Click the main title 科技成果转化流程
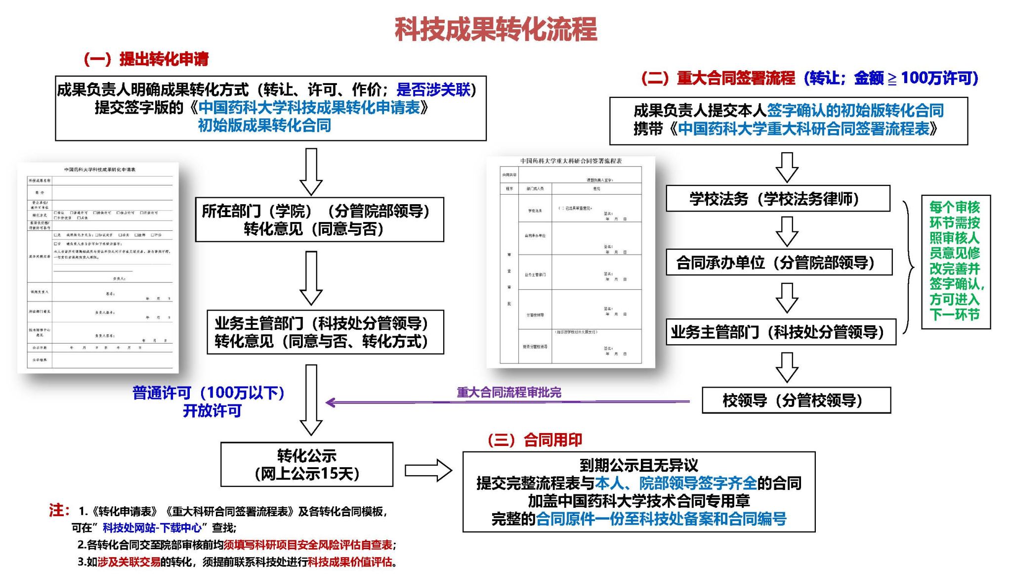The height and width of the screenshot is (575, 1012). [x=496, y=30]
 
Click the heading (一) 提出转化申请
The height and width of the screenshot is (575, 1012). [x=146, y=59]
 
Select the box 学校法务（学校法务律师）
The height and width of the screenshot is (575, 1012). [x=777, y=199]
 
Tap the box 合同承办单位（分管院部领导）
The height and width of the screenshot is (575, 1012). [x=778, y=263]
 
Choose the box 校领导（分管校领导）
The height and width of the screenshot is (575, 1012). [x=796, y=400]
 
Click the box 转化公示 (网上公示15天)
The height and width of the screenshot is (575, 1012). [x=306, y=464]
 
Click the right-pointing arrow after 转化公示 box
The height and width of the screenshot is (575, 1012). [x=428, y=470]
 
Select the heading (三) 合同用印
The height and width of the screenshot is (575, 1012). [x=535, y=440]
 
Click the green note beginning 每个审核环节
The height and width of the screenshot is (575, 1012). [x=955, y=261]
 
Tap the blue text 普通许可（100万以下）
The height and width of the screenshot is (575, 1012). [x=208, y=393]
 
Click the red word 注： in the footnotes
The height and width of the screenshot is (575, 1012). [x=59, y=510]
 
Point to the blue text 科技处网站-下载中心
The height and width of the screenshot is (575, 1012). [x=152, y=528]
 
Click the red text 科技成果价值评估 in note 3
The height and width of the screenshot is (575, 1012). [x=349, y=562]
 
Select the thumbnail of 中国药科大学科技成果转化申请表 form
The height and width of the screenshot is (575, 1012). [x=98, y=267]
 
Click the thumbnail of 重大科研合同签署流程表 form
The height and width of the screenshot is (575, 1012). [x=570, y=262]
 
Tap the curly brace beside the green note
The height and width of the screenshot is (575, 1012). [x=908, y=267]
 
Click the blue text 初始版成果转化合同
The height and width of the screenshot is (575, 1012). [x=264, y=126]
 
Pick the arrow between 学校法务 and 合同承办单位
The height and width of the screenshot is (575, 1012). [x=787, y=231]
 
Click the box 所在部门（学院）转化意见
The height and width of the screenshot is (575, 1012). [x=319, y=220]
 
